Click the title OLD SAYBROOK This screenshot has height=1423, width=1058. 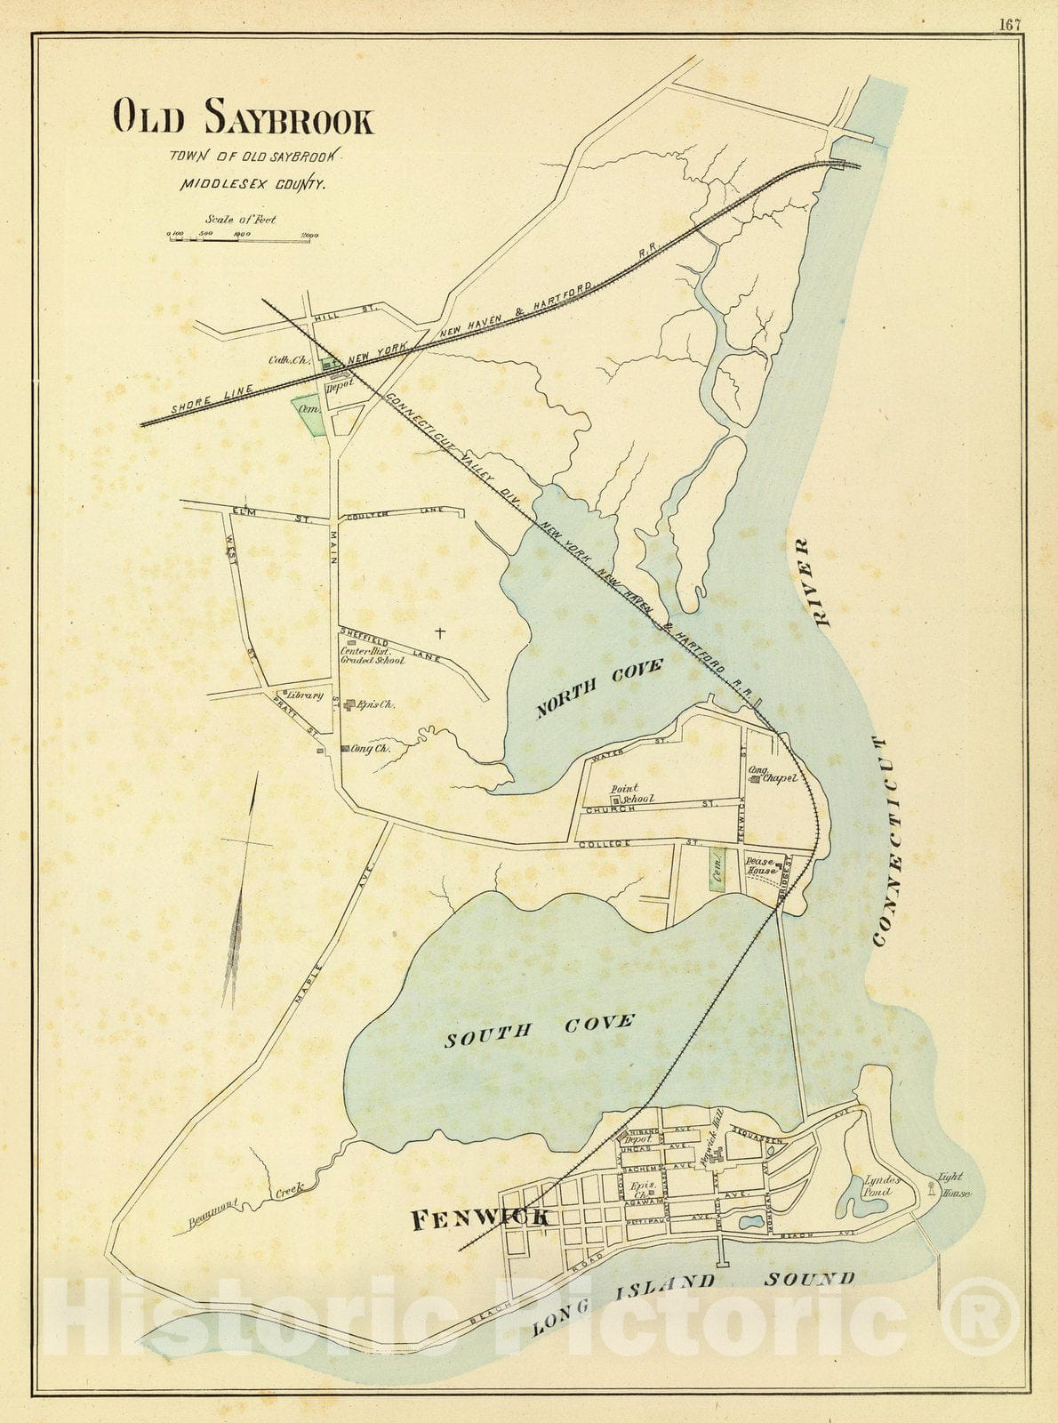[x=243, y=117]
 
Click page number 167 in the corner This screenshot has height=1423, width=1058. [x=1008, y=24]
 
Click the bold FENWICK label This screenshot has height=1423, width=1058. [x=480, y=1220]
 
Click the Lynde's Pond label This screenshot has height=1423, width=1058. [x=882, y=1186]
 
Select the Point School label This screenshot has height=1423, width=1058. [x=631, y=794]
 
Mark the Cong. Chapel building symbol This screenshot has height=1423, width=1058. [x=754, y=780]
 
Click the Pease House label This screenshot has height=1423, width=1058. [x=761, y=866]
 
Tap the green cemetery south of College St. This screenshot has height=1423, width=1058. [x=717, y=868]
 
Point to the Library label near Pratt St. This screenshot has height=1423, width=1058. [x=303, y=695]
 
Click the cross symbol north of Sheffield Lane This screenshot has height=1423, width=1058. [x=438, y=632]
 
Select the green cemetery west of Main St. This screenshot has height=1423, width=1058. [x=309, y=414]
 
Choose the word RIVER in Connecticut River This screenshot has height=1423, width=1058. [x=811, y=583]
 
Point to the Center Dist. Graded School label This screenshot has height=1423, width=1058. [x=372, y=655]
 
